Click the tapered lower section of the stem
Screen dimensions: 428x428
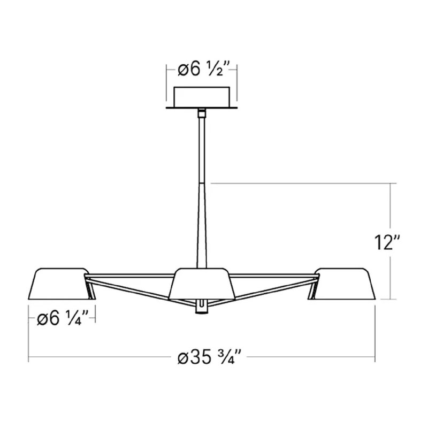203,225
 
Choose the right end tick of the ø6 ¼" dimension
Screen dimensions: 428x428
95,319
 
